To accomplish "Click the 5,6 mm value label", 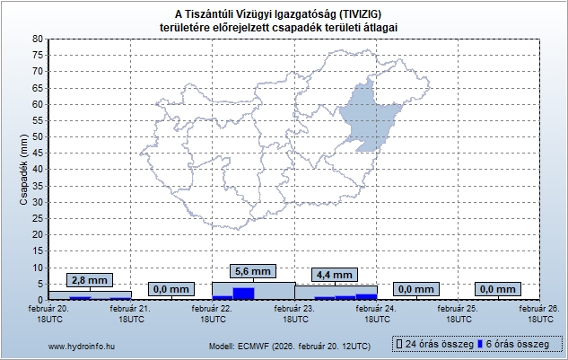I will pos(251,271).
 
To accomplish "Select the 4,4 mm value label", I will pos(335,275).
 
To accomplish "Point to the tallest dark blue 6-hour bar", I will pos(243,293).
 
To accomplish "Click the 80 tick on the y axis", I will pos(37,39).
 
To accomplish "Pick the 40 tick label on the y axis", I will pos(37,169).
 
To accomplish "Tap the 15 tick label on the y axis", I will pos(37,250).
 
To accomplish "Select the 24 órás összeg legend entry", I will pos(433,344).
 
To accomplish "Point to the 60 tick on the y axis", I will pos(37,103).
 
